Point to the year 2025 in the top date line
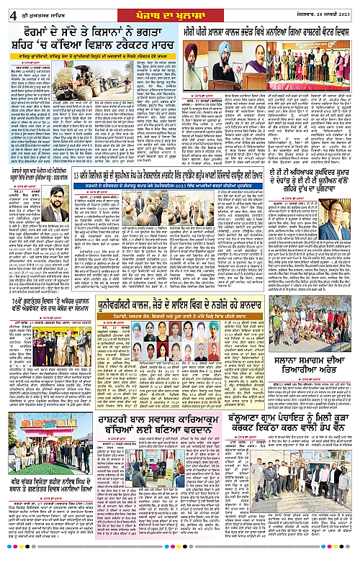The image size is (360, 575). tap(346, 9)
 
